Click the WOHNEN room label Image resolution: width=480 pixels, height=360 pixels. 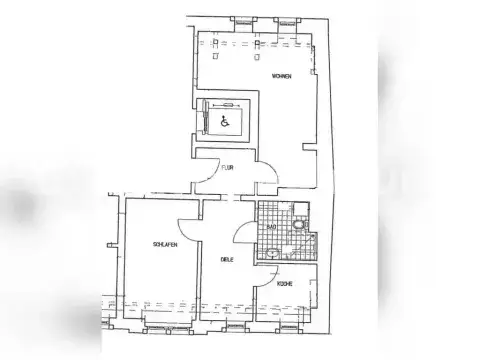coord(280,76)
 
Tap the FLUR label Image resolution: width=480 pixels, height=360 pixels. coord(228,168)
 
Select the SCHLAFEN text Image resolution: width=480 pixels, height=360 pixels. coord(166,244)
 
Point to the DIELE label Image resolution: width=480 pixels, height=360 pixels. coord(227,260)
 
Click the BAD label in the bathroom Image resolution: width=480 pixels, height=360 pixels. coord(270,228)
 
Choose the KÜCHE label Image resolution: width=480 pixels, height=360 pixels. coord(285,283)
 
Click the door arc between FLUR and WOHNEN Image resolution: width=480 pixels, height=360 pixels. coord(268,179)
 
